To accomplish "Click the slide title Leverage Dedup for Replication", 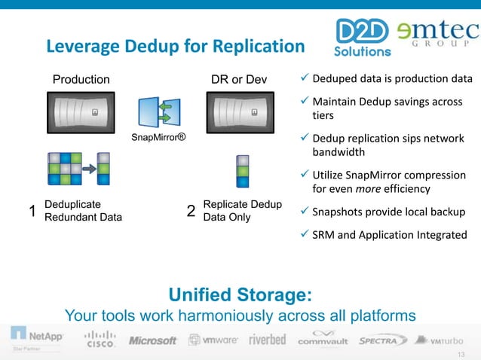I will [x=175, y=47].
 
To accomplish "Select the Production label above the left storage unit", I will [x=81, y=79].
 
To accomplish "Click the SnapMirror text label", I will [x=158, y=139].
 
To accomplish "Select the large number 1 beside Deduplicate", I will [x=32, y=212].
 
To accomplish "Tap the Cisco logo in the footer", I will [x=100, y=338].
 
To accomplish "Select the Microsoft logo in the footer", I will [x=152, y=340].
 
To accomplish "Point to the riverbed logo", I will [x=267, y=339].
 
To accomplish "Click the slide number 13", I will [x=462, y=352].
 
